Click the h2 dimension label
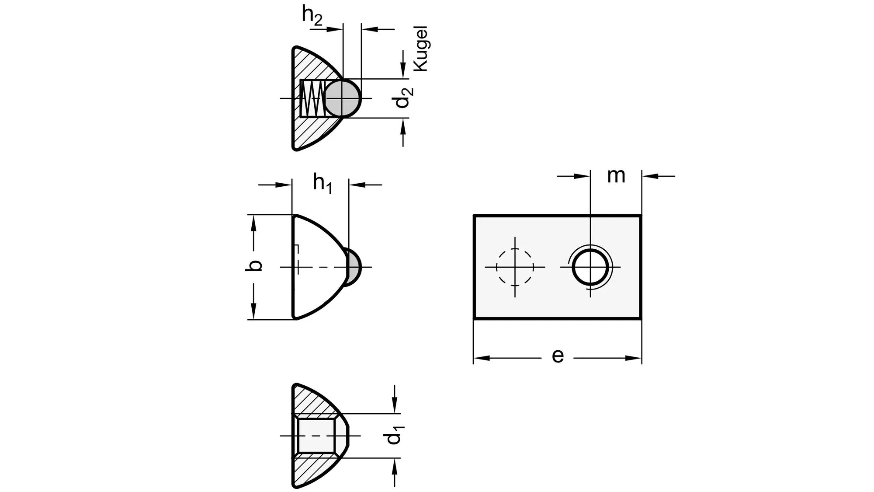point(312,16)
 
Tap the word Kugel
point(420,49)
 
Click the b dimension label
point(254,265)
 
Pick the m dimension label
point(616,176)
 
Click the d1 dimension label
point(395,433)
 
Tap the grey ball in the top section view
point(343,98)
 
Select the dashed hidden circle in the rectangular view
point(515,267)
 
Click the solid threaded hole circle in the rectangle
point(590,267)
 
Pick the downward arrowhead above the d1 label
point(395,406)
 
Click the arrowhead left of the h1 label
point(284,185)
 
